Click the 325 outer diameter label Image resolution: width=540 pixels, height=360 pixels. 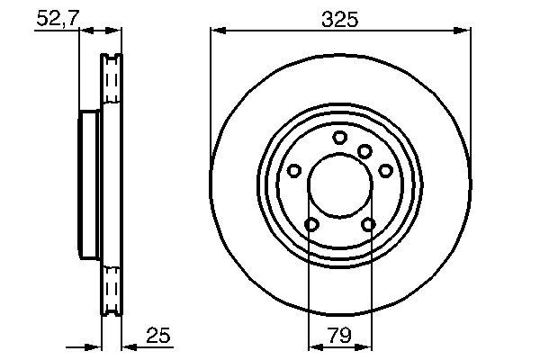click(339, 18)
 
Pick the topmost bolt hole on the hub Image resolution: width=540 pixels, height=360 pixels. click(339, 137)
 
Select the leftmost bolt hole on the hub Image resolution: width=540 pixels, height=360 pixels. click(294, 170)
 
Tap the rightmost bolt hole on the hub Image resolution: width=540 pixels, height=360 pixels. click(385, 170)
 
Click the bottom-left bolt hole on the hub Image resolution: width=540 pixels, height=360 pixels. click(311, 224)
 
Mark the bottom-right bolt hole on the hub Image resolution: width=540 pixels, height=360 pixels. click(368, 224)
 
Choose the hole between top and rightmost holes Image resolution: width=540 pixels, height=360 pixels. click(364, 151)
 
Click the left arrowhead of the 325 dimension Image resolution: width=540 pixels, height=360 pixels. click(216, 31)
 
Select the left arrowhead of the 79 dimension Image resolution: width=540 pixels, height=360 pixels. click(314, 346)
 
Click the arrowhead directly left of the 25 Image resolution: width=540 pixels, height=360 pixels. click(127, 346)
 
